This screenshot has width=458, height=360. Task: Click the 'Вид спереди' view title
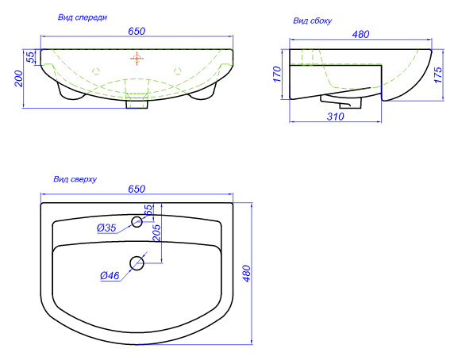pyautogui.click(x=83, y=17)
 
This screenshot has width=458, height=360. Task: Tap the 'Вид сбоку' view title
pyautogui.click(x=312, y=21)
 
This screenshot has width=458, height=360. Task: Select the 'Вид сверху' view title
pyautogui.click(x=75, y=179)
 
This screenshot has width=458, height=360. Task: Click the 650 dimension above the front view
pyautogui.click(x=137, y=31)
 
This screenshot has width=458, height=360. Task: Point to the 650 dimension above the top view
pyautogui.click(x=137, y=189)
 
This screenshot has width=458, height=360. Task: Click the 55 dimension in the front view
pyautogui.click(x=30, y=57)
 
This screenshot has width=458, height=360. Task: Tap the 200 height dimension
pyautogui.click(x=18, y=79)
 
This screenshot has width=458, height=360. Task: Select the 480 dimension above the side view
pyautogui.click(x=360, y=34)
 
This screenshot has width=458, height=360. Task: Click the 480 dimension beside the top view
pyautogui.click(x=247, y=274)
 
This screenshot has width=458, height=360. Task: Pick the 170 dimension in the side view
pyautogui.click(x=277, y=74)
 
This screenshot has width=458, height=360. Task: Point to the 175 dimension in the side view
pyautogui.click(x=438, y=75)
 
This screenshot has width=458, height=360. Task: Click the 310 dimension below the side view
pyautogui.click(x=335, y=117)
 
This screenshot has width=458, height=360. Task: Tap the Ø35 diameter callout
pyautogui.click(x=106, y=228)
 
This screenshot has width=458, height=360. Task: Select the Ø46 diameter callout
pyautogui.click(x=110, y=275)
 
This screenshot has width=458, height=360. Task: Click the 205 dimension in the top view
pyautogui.click(x=157, y=232)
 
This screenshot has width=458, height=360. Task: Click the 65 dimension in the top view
pyautogui.click(x=148, y=210)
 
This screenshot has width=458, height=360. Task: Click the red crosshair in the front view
pyautogui.click(x=137, y=59)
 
